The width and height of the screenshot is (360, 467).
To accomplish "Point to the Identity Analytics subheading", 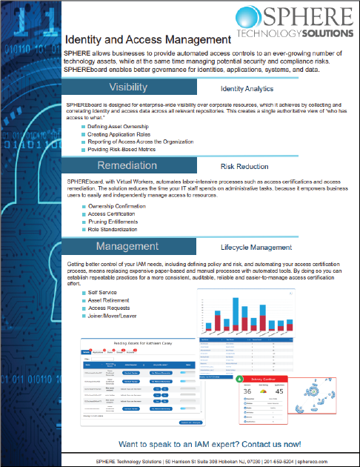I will (252, 88).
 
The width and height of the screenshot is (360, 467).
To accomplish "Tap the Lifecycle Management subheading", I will (257, 247).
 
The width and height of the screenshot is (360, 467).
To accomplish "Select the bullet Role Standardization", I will (117, 229).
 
